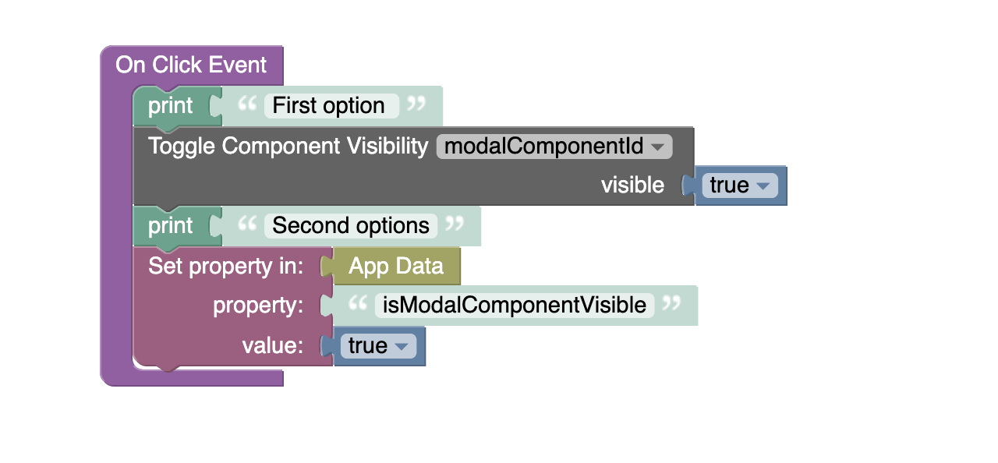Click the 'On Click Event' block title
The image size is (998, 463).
tap(191, 65)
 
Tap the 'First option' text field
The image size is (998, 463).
tap(331, 106)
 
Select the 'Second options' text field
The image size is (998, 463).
tap(351, 226)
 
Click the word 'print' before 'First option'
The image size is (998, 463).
tap(170, 106)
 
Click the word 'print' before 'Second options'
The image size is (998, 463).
tap(170, 226)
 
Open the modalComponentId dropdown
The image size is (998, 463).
tap(554, 147)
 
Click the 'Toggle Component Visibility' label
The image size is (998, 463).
tap(288, 147)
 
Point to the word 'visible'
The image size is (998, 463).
tap(632, 186)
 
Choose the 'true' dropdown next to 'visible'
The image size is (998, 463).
tap(740, 186)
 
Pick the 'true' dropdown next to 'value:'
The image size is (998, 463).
tap(378, 346)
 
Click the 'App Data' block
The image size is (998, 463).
tap(396, 267)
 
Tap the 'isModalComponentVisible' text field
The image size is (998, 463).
tap(515, 306)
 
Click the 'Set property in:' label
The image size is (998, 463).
tap(225, 267)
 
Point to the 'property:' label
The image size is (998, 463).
tap(258, 306)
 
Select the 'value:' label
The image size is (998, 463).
tap(273, 345)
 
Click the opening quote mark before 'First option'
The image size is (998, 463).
tap(247, 104)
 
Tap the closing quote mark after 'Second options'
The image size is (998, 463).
tap(455, 224)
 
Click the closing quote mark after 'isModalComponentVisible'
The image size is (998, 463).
tap(671, 303)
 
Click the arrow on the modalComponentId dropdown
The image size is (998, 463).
tap(657, 147)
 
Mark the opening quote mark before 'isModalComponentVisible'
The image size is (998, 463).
tap(358, 304)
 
